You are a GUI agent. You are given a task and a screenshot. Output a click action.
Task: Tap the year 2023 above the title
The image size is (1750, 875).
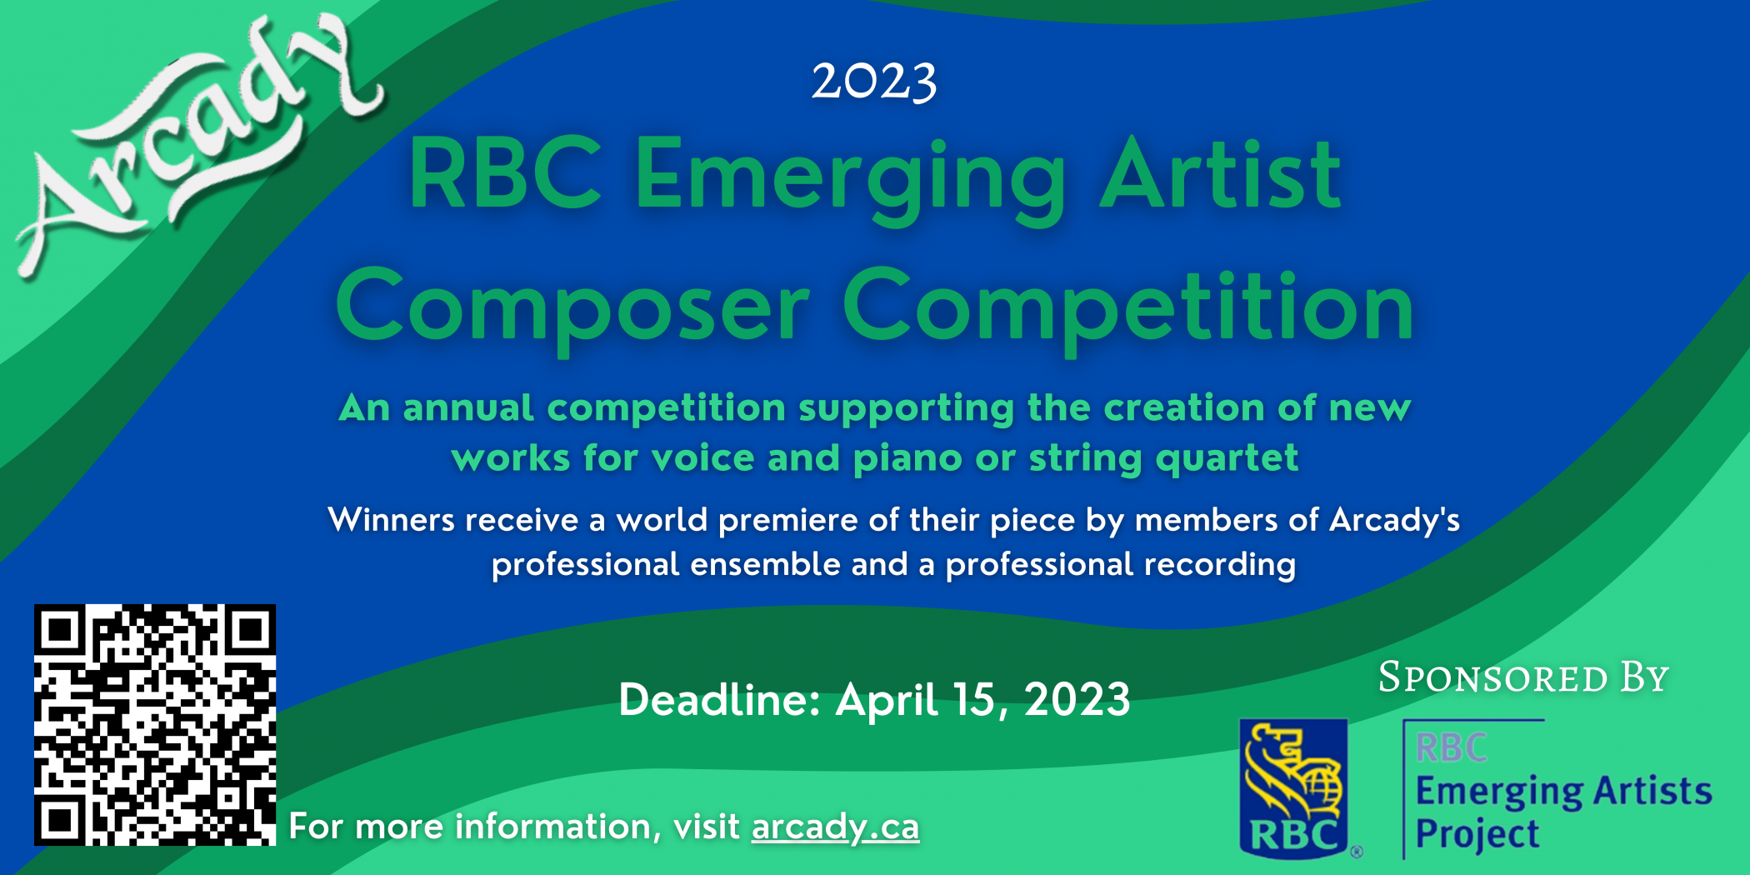874,82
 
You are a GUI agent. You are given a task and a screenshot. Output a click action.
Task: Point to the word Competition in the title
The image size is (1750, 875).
1128,307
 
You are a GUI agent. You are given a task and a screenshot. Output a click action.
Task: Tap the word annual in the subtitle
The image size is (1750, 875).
468,407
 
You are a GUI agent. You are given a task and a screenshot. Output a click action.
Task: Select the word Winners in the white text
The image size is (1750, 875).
391,520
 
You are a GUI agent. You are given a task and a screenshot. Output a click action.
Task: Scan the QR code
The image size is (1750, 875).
155,725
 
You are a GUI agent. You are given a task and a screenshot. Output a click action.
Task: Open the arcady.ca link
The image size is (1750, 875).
835,827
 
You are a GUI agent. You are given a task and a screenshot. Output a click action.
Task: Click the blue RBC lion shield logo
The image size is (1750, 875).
1293,788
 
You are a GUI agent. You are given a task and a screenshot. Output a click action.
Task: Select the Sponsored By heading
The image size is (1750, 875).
1523,677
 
